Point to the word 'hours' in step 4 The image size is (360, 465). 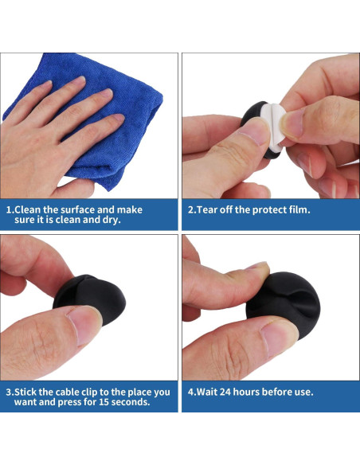(246, 392)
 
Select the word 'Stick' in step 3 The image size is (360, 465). (25, 392)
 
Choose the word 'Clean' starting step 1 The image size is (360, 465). (27, 210)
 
